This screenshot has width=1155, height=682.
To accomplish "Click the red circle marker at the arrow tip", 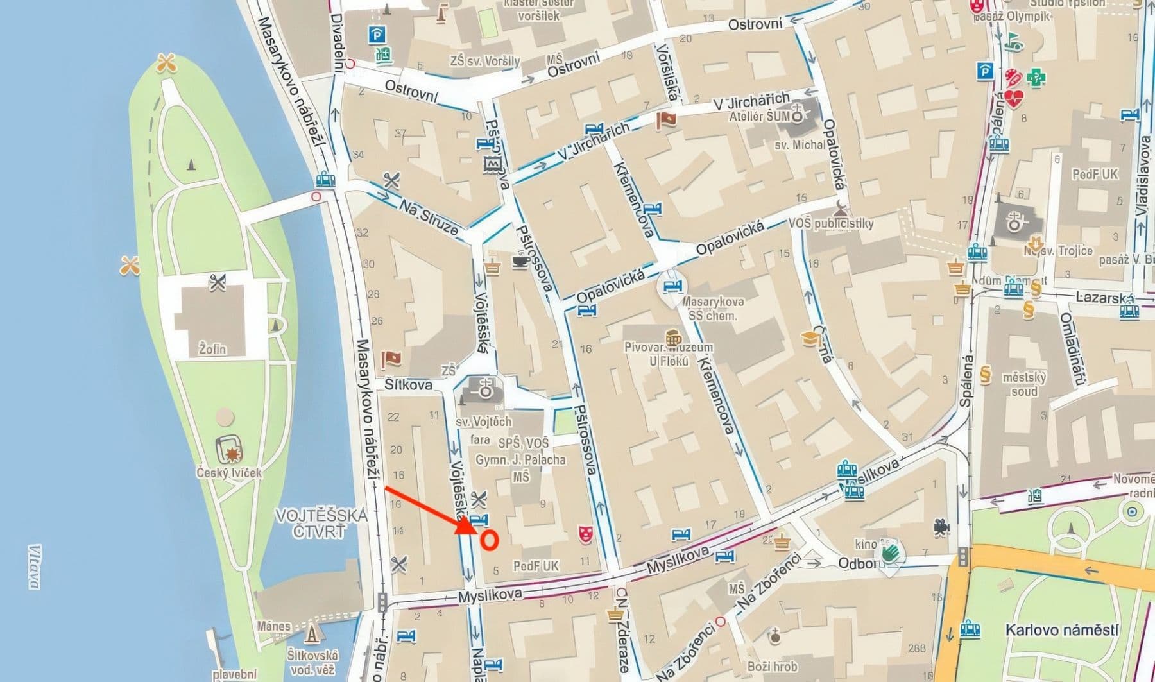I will (x=490, y=540).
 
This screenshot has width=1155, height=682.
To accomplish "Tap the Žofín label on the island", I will (x=212, y=350).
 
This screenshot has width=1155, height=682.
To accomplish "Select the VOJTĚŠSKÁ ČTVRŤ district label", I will (x=321, y=523).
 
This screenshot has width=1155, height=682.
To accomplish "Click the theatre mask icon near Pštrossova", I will (x=585, y=533).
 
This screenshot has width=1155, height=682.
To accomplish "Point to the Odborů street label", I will (x=857, y=563).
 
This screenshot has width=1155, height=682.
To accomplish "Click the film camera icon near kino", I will (x=941, y=527).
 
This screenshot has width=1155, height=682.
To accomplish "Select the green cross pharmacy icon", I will (x=1036, y=78).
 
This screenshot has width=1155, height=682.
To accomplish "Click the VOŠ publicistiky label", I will (x=831, y=223).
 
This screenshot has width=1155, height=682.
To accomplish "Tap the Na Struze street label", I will (x=429, y=217).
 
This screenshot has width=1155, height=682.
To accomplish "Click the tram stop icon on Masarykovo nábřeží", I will (x=326, y=180).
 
